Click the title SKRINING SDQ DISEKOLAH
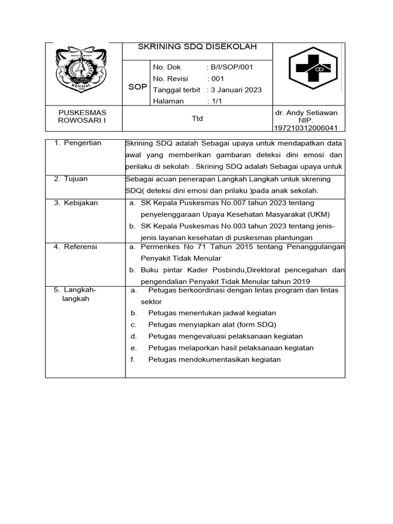[198, 47]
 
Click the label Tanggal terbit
[177, 90]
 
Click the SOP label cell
[137, 87]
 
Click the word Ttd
[197, 119]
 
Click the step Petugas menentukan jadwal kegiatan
[212, 313]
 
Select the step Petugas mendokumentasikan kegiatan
[214, 360]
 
